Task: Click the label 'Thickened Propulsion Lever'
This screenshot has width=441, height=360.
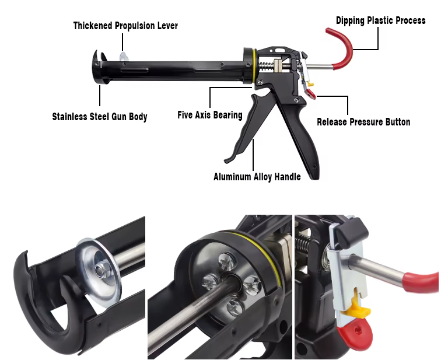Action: point(125,26)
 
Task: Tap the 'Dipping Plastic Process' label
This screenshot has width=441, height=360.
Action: point(380,20)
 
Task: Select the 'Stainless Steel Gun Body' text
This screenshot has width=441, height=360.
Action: point(100,117)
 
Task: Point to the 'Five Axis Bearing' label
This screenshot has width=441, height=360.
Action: point(210,115)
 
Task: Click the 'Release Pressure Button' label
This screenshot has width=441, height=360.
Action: point(363,122)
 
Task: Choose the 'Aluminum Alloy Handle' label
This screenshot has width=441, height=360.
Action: point(257,177)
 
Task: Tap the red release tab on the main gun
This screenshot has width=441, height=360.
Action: point(311,94)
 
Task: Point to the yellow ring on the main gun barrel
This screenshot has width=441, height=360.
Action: point(254,67)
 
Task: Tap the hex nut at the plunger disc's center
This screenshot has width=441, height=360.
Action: point(99,270)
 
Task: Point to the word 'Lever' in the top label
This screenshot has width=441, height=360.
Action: point(167,26)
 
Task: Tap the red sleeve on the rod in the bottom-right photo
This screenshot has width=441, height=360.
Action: point(421,282)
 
